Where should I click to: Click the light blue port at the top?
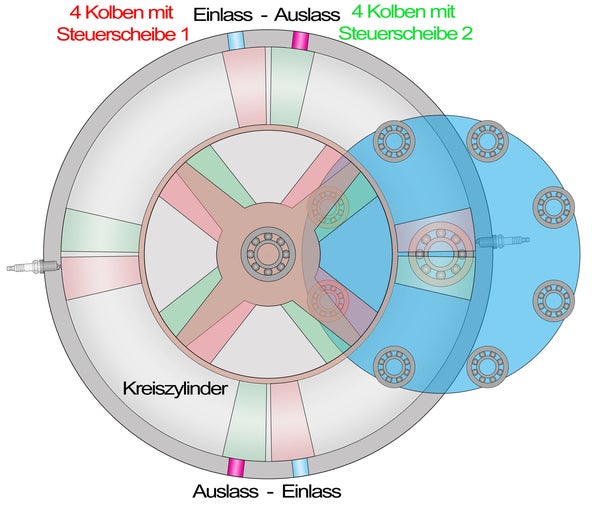pos(236,41)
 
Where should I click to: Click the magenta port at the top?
pos(301,41)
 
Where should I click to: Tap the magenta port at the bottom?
pos(236,467)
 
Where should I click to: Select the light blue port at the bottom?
pos(301,467)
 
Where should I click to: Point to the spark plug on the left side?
pos(33,266)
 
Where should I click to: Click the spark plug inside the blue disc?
pos(503,240)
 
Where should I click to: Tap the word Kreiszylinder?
pos(175,388)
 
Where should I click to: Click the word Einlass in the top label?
pos(223,15)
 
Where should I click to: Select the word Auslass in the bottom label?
pos(225,491)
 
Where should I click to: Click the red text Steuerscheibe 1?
pos(123,34)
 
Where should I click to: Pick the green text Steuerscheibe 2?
pos(406,33)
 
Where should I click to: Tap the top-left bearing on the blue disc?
pos(394,141)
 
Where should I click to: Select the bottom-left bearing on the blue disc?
pos(394,367)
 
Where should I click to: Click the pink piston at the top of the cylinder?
pos(246,87)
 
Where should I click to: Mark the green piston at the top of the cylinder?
pos(291,87)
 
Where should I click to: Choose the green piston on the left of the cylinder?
pos(101,231)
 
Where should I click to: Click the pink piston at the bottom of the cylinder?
pos(291,422)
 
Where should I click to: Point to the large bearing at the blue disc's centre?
pos(441,254)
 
